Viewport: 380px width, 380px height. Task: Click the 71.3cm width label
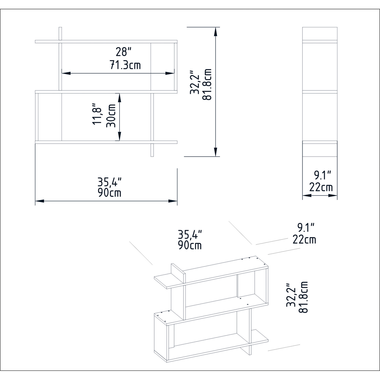(x=125, y=65)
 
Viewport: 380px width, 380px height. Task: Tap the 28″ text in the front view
(x=124, y=52)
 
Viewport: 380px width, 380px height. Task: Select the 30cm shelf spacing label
(x=111, y=116)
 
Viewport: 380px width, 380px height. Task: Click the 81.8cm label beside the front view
(x=207, y=85)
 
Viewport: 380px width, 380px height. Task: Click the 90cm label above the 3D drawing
(x=190, y=245)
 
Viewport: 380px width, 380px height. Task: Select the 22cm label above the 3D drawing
(x=304, y=239)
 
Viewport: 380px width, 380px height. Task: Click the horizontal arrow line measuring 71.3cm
(x=118, y=73)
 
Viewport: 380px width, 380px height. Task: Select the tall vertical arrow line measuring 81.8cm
(x=216, y=92)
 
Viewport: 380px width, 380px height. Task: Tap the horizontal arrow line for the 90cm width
(x=106, y=201)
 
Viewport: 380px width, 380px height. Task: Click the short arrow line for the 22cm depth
(x=320, y=196)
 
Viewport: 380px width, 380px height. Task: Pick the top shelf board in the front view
(x=106, y=41)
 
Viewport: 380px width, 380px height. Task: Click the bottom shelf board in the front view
(x=106, y=142)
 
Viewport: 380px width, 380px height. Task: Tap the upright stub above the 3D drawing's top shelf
(x=178, y=273)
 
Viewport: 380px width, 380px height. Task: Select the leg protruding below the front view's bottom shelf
(x=152, y=150)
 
